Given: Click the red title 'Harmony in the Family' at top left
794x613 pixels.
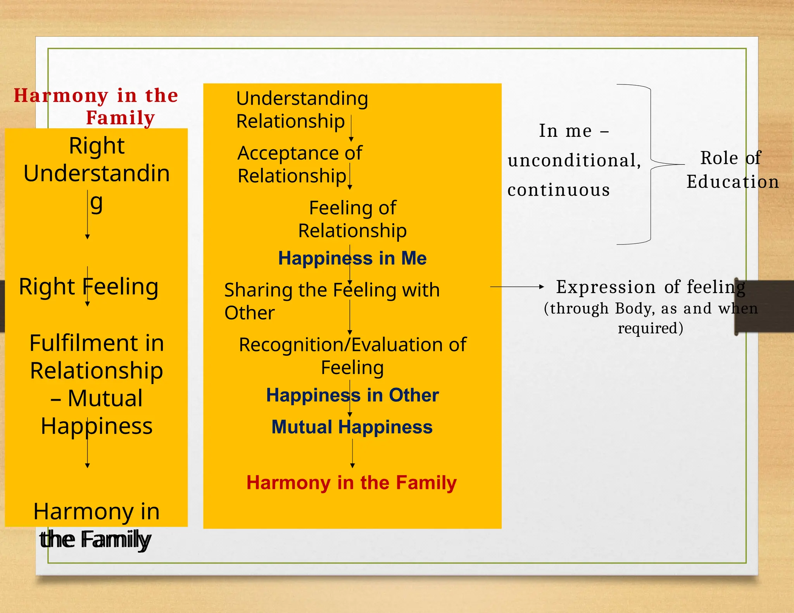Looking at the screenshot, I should (x=96, y=106).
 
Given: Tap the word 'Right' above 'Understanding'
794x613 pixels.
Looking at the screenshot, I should (x=97, y=146).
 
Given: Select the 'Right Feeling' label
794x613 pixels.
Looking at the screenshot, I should (x=88, y=287).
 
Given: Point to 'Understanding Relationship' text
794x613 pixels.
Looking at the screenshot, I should (x=302, y=110).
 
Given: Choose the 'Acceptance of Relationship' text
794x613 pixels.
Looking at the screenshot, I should (x=299, y=164).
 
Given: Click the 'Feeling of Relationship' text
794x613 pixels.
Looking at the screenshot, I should (x=352, y=219).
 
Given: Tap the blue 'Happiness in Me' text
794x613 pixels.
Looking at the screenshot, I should (x=352, y=258).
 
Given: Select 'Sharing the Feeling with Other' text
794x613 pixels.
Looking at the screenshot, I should (x=331, y=301).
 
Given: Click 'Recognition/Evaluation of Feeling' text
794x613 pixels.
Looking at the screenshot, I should (x=352, y=356).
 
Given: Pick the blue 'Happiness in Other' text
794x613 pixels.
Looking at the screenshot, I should (x=352, y=395).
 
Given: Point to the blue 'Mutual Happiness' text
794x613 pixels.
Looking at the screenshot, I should (x=352, y=427).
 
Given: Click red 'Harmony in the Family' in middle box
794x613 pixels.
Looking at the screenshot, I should (x=351, y=483).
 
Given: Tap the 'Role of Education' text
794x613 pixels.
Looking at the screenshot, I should (x=732, y=170).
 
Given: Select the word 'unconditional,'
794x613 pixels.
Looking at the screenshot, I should (x=574, y=160).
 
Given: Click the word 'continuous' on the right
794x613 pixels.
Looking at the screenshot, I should (x=559, y=190).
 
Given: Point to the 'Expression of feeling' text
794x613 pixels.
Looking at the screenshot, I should (x=651, y=287).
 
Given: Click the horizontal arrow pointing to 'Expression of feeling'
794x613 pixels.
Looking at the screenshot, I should (x=517, y=287).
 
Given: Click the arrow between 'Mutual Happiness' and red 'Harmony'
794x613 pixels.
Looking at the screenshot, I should (x=352, y=453).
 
